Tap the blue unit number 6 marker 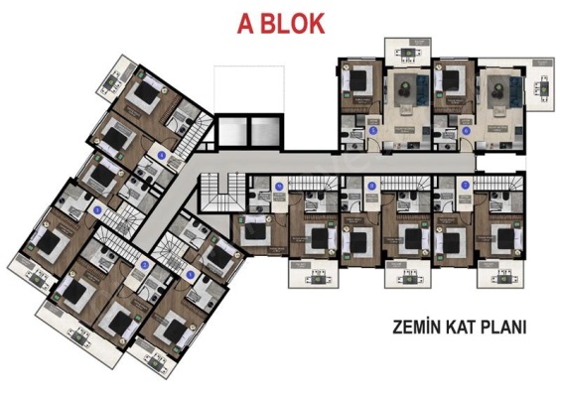464,129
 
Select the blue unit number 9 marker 279,186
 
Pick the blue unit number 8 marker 371,186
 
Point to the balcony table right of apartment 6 543,87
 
